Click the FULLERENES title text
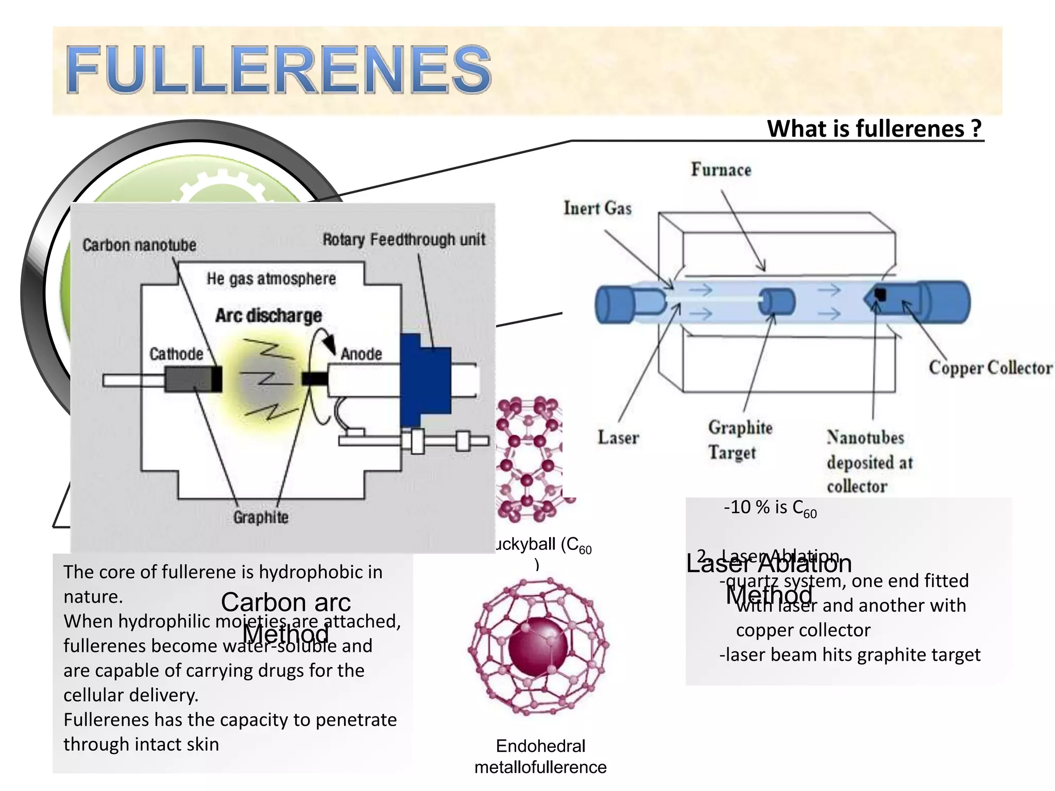coord(278,70)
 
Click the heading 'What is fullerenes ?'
coord(874,129)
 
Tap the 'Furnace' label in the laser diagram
coord(721,170)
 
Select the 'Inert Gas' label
coord(597,208)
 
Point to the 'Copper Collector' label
coord(990,368)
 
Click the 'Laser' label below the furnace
coord(618,438)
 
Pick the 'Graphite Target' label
coord(740,440)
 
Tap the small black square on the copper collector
coord(880,295)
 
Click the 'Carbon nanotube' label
coord(139,245)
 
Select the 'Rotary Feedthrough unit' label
coord(404,239)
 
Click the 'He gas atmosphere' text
coord(271,279)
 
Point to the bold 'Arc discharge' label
coord(268,315)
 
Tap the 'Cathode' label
coord(176,354)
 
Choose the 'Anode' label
coord(361,354)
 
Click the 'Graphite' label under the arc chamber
coord(261,517)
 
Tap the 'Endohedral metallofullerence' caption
coord(540,756)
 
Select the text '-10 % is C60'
coord(770,508)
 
